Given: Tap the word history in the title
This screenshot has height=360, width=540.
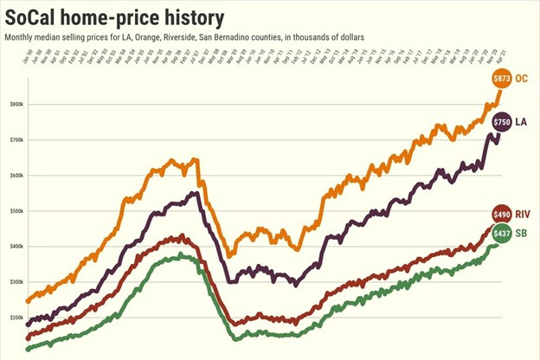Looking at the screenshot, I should pos(189,16).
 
